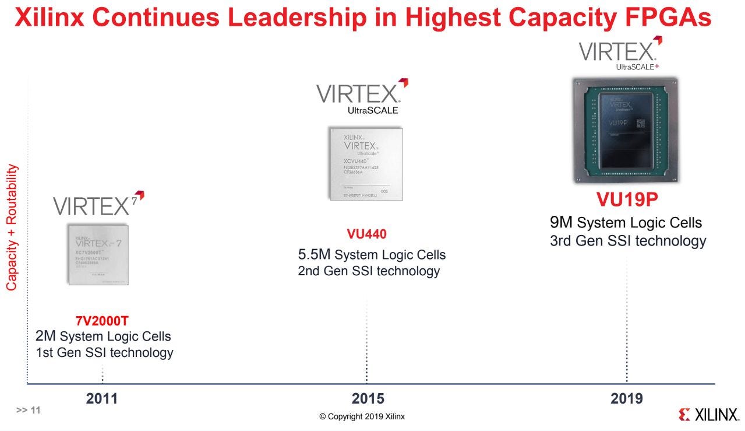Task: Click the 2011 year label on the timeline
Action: pyautogui.click(x=102, y=399)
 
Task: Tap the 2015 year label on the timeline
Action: pyautogui.click(x=368, y=399)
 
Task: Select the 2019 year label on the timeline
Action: pyautogui.click(x=627, y=399)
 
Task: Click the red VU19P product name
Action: pyautogui.click(x=626, y=199)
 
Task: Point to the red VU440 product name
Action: pyautogui.click(x=366, y=234)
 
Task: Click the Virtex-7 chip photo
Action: pyautogui.click(x=97, y=254)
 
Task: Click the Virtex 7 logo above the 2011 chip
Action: pyautogui.click(x=98, y=205)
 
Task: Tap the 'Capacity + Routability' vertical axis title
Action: pyautogui.click(x=12, y=227)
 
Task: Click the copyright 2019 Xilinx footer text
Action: pyautogui.click(x=362, y=416)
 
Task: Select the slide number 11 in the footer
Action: pyautogui.click(x=29, y=410)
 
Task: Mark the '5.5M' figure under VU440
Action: pyautogui.click(x=314, y=254)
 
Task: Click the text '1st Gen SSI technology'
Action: pyautogui.click(x=104, y=352)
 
